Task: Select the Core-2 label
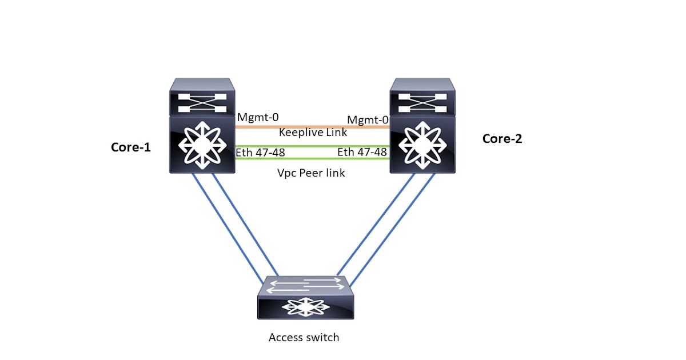502,138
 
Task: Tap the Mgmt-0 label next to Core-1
257,118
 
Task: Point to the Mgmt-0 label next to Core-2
368,119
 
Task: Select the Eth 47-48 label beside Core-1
260,153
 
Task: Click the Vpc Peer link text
311,172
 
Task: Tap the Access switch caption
304,337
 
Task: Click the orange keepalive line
312,126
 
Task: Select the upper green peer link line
312,146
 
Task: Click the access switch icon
305,298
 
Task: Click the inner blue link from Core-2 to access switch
375,225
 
